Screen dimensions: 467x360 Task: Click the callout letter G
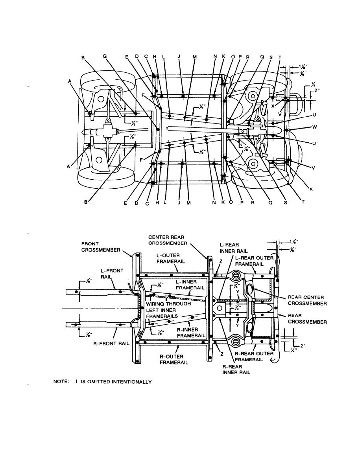coord(105,56)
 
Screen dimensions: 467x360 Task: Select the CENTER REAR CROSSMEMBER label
coord(167,240)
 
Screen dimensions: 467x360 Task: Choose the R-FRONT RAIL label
coord(112,343)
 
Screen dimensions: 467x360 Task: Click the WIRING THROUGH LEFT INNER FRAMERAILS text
coord(168,310)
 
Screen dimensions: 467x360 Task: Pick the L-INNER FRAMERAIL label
coord(190,285)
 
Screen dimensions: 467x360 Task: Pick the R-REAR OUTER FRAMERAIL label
coord(254,356)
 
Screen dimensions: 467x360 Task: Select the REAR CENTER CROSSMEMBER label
coord(307,300)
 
